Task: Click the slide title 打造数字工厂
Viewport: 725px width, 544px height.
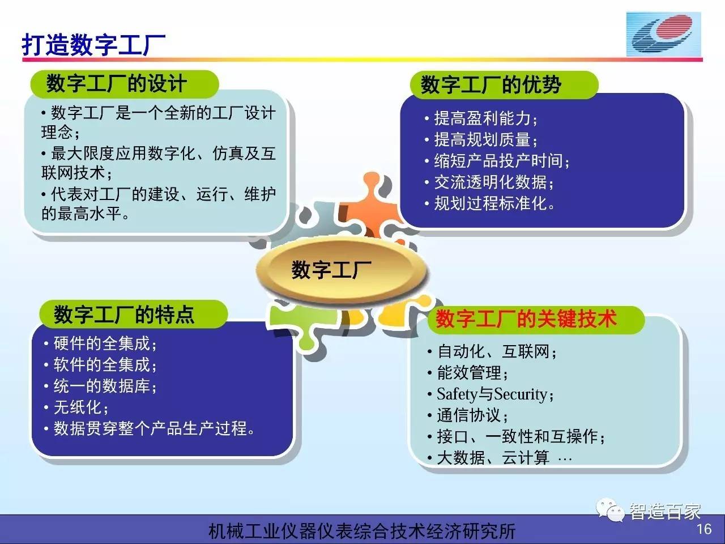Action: click(93, 44)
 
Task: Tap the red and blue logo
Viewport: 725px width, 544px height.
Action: click(663, 34)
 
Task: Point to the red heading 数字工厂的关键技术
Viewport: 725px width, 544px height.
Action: click(526, 318)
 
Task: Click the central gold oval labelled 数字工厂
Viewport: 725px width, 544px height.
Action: click(341, 270)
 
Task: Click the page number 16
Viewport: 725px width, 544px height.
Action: click(704, 529)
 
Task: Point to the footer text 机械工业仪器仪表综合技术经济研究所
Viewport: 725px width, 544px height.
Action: click(362, 531)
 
